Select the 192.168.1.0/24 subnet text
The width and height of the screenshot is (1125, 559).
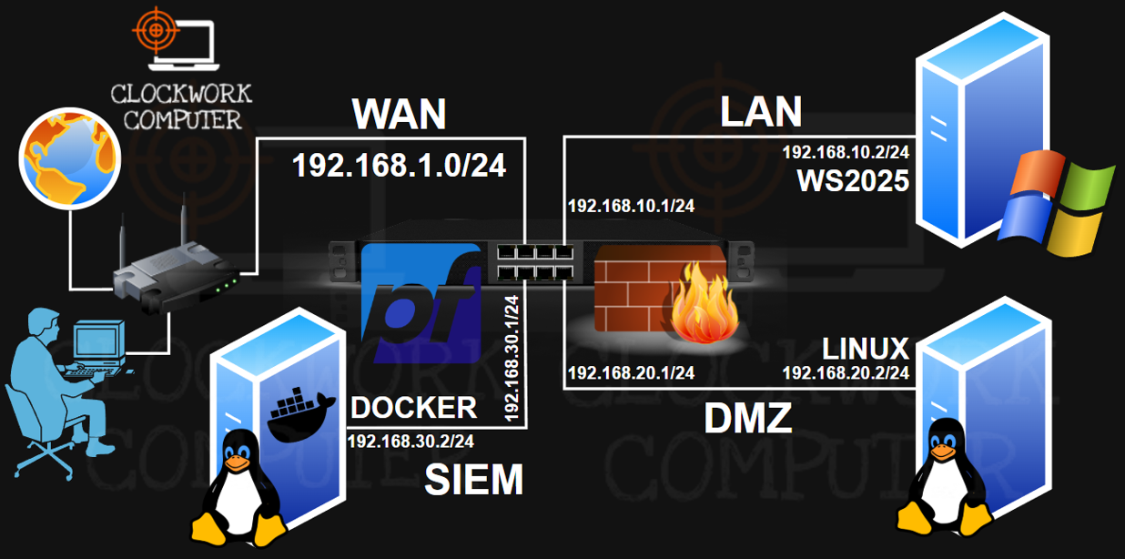click(399, 166)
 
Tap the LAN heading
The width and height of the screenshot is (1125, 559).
click(760, 111)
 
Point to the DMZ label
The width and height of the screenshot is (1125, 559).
click(748, 419)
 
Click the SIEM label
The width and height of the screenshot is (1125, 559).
click(473, 480)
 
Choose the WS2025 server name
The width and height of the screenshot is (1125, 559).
click(853, 181)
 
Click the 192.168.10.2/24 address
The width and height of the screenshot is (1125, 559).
click(846, 153)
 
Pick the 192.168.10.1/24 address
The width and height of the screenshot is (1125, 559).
click(631, 206)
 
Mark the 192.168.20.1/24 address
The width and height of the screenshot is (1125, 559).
click(631, 372)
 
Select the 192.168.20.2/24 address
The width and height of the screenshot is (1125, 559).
click(846, 372)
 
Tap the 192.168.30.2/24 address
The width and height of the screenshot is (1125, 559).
click(410, 442)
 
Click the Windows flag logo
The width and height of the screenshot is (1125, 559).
click(1056, 202)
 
